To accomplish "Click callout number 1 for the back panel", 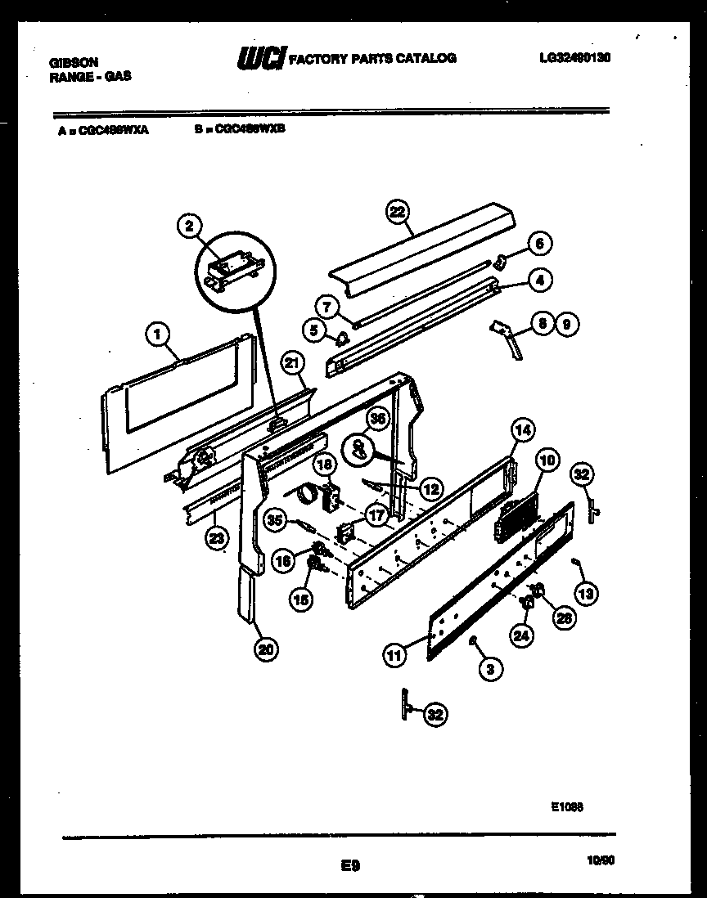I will point(158,333).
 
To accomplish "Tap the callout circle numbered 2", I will point(189,227).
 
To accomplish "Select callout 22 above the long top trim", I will point(397,212).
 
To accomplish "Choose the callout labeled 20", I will point(265,649).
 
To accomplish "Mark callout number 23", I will point(215,539).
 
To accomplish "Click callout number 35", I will point(275,519).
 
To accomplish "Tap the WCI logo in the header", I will point(261,57).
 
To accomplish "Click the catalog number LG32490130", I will point(575,57).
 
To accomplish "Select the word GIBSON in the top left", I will point(74,62).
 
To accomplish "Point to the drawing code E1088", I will point(567,806).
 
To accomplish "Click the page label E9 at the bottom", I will point(350,864).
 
